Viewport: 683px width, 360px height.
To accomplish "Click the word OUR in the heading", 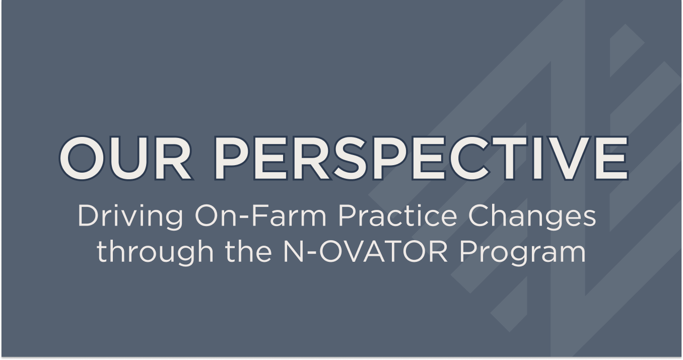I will pyautogui.click(x=125, y=157).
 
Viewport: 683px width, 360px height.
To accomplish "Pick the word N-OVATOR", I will pyautogui.click(x=363, y=252).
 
